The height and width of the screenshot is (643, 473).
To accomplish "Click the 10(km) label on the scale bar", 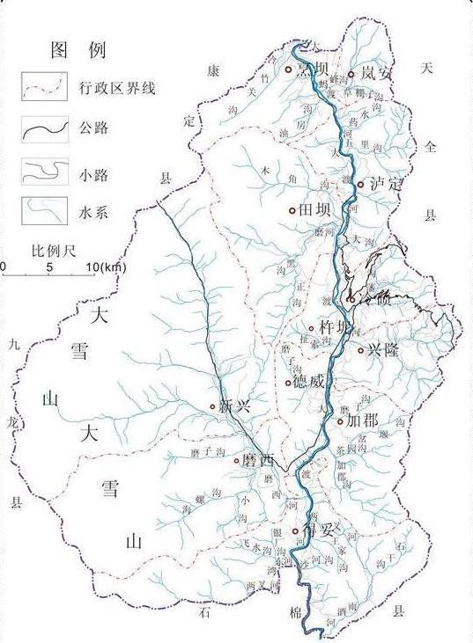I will point(106,267).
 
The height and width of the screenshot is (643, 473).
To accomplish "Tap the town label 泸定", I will point(386,185).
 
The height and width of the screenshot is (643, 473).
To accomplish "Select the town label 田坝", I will point(316,210).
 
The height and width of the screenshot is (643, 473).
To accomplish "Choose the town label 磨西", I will point(259,460).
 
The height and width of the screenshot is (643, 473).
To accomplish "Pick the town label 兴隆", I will point(383,350).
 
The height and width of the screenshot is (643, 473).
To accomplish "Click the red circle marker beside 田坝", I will point(292,211).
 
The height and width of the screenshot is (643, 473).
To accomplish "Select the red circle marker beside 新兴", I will point(213,406).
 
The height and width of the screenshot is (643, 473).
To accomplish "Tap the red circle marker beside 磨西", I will point(236,460).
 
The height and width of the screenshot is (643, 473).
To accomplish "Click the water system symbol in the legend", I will point(44,211).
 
